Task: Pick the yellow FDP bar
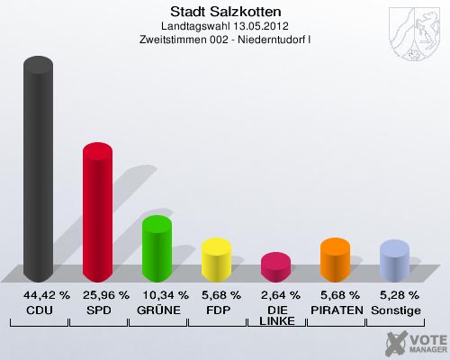pyautogui.click(x=216, y=260)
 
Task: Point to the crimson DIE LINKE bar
pyautogui.click(x=275, y=267)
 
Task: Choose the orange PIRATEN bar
pyautogui.click(x=335, y=260)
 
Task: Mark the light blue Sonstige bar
pyautogui.click(x=394, y=261)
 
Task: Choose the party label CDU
pyautogui.click(x=39, y=310)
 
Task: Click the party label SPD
pyautogui.click(x=98, y=310)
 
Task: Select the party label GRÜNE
pyautogui.click(x=157, y=310)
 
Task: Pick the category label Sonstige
pyautogui.click(x=395, y=310)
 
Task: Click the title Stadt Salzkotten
pyautogui.click(x=224, y=12)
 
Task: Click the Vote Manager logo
pyautogui.click(x=415, y=343)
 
